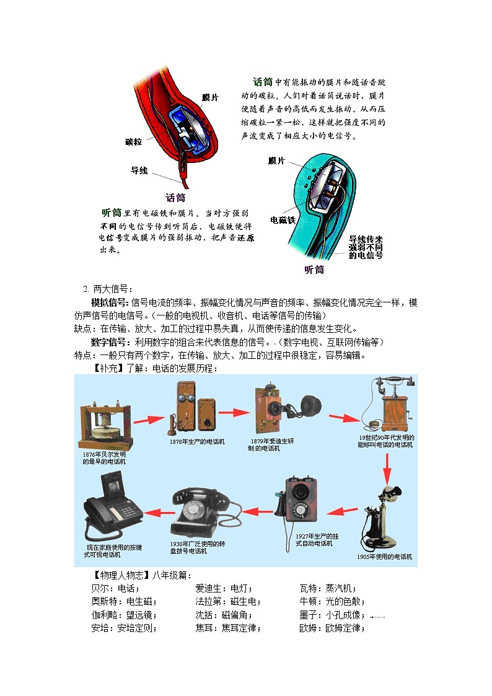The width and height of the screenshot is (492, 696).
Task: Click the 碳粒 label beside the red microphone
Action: point(133,141)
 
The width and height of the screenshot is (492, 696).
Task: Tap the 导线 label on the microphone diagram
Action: point(139,170)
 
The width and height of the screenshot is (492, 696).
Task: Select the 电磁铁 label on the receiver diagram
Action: point(283,219)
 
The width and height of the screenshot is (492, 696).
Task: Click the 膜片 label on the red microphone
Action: point(210,97)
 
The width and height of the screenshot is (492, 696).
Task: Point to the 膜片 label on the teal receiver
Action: point(276,161)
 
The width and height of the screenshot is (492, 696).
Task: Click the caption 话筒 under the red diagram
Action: point(175,198)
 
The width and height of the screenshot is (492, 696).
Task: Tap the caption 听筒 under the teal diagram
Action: point(314,270)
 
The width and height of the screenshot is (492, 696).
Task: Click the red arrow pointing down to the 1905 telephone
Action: point(387,468)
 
